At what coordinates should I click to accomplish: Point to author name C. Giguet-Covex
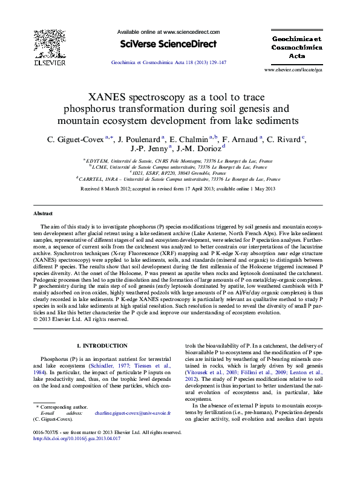click(76, 139)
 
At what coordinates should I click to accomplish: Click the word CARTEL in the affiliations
click(91, 180)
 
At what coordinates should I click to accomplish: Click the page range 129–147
click(216, 62)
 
